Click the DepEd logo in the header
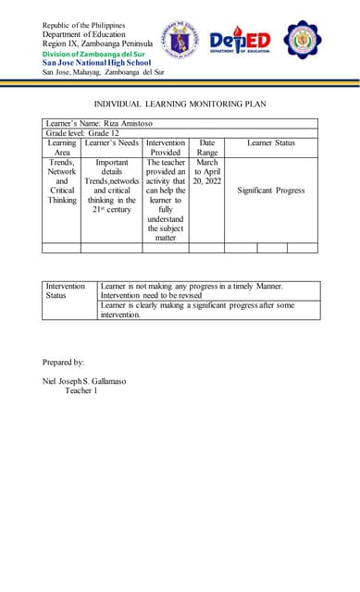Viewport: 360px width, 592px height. [x=240, y=42]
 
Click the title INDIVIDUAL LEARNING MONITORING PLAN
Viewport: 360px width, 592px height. [x=180, y=104]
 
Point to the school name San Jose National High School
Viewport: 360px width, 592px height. [x=96, y=62]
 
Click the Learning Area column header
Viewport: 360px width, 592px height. [x=62, y=148]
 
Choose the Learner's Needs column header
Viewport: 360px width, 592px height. [x=111, y=143]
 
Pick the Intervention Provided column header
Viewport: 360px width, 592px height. [x=166, y=148]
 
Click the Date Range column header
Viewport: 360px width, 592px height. [x=206, y=148]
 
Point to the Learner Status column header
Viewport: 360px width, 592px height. [x=271, y=143]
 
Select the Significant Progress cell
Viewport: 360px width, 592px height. [x=271, y=191]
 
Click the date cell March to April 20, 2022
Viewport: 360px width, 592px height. [x=206, y=172]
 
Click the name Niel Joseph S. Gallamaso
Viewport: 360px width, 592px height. [x=91, y=381]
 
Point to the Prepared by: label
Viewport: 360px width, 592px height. [x=64, y=361]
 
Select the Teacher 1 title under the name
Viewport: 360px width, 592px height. [x=81, y=391]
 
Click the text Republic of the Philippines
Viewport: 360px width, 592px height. [x=84, y=25]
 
